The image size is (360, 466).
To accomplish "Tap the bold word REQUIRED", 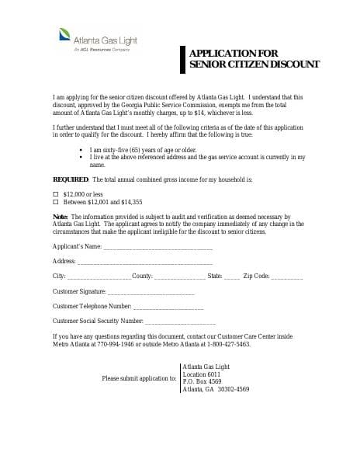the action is [69, 179].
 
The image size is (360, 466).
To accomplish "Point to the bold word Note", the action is [61, 215].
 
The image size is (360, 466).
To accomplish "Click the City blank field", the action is [99, 276].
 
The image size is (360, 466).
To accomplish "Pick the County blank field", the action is [180, 276].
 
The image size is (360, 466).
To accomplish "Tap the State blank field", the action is [232, 276].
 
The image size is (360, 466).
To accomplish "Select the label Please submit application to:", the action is [139, 377].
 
